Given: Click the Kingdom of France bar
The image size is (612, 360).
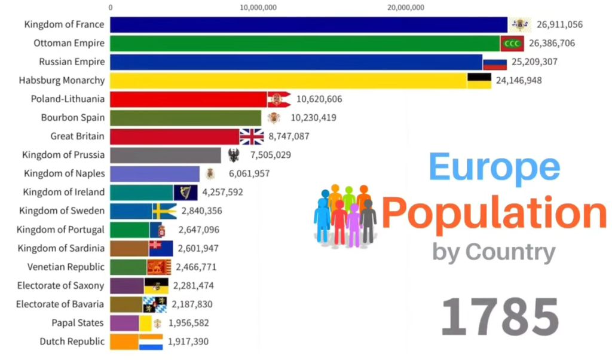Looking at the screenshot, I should (x=308, y=25).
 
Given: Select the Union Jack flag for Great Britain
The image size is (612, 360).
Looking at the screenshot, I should (x=252, y=136).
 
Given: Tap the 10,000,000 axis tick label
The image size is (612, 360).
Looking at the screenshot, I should (x=258, y=8).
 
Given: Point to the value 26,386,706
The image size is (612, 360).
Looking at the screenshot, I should (x=555, y=43).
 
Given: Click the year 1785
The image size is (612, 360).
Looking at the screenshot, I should (x=500, y=316).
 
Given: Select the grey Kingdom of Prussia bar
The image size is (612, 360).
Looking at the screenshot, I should (x=166, y=155).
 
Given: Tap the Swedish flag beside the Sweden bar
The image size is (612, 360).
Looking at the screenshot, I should (x=164, y=211).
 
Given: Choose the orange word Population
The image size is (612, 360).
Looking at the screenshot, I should (x=494, y=213).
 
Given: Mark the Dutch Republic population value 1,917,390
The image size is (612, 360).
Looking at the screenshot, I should (x=188, y=341).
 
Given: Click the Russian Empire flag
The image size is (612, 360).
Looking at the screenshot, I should (x=495, y=62).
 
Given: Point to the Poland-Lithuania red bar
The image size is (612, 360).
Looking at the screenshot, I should (x=188, y=99).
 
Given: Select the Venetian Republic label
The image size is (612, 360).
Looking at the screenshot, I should (x=66, y=267).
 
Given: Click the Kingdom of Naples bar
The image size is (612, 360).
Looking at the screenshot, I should (x=155, y=174).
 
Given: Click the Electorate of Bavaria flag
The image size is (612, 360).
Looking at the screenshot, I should (x=154, y=304).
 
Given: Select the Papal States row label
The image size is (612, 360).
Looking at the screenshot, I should (x=77, y=323).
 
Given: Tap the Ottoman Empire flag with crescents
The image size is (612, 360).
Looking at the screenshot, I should (x=512, y=43).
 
